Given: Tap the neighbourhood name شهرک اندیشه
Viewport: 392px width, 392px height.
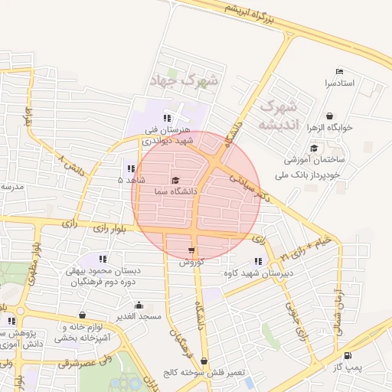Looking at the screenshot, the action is (276, 114).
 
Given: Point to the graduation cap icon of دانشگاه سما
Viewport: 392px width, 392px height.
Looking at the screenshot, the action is (175, 180).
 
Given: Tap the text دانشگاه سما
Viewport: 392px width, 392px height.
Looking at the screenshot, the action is (175, 191).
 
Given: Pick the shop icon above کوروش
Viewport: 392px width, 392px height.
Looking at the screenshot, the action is (190, 250).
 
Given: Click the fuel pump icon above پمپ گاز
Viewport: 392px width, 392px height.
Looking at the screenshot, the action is (348, 355).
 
